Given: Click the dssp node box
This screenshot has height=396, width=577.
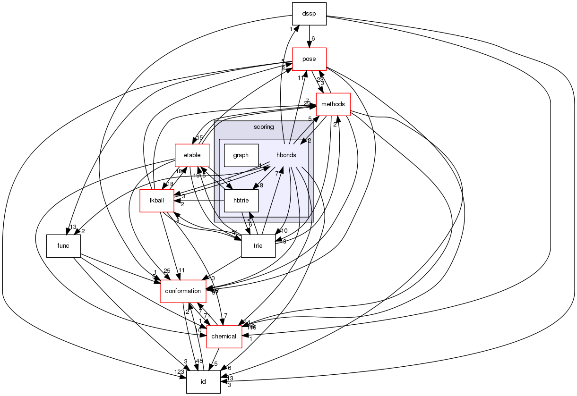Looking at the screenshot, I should (x=310, y=14).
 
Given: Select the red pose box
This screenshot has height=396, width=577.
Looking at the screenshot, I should (x=310, y=59).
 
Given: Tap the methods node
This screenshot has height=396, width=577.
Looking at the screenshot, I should (x=333, y=104).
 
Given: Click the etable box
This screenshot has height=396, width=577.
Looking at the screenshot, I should (x=192, y=155).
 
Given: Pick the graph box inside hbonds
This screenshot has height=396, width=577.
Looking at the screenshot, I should (x=241, y=155).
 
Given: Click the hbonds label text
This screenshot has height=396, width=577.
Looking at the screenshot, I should (x=286, y=155).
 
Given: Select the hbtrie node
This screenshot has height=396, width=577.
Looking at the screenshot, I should (x=241, y=201).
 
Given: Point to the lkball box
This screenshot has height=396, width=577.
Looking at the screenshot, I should (x=156, y=201).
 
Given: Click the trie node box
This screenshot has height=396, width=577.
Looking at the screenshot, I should (x=258, y=246).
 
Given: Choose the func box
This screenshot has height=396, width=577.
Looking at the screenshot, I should (x=63, y=246).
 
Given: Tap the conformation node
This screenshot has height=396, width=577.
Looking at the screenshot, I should (x=183, y=291).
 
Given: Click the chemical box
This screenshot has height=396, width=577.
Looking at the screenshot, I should (x=224, y=337).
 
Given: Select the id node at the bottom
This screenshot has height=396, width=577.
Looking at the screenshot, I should (x=203, y=381).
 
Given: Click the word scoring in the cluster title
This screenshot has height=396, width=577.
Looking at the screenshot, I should (x=264, y=127).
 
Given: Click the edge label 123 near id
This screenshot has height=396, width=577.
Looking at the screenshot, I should (x=180, y=372).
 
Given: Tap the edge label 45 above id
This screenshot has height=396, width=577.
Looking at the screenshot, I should (x=199, y=362).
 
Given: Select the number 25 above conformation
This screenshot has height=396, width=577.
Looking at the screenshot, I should (x=166, y=271).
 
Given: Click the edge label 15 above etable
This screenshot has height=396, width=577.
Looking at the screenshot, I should (x=199, y=138).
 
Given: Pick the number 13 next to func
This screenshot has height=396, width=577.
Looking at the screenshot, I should (x=73, y=227).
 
